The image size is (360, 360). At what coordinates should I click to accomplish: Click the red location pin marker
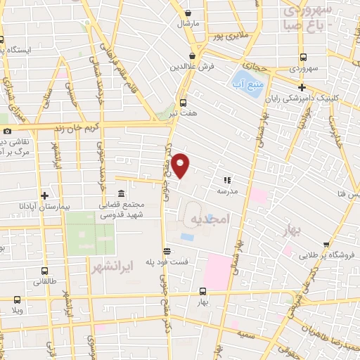181,166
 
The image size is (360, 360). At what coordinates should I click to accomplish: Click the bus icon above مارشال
188,13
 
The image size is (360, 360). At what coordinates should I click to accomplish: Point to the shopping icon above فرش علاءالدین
192,56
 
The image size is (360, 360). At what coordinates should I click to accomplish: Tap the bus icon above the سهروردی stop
303,58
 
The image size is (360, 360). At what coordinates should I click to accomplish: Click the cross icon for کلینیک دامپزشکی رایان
302,88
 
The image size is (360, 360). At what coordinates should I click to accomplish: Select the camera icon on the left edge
7,131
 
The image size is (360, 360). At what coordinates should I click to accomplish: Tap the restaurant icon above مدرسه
226,179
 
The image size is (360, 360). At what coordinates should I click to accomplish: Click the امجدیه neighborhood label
210,220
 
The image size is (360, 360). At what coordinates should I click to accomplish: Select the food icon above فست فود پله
167,251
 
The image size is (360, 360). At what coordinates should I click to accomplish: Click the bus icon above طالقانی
45,271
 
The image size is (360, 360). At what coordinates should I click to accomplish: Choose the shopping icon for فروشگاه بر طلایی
311,257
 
